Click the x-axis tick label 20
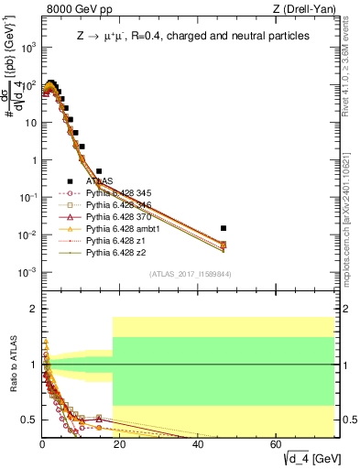click(120, 444)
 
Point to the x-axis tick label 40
click(199, 444)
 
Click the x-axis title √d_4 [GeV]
click(310, 458)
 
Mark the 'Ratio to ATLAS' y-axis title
click(12, 366)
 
